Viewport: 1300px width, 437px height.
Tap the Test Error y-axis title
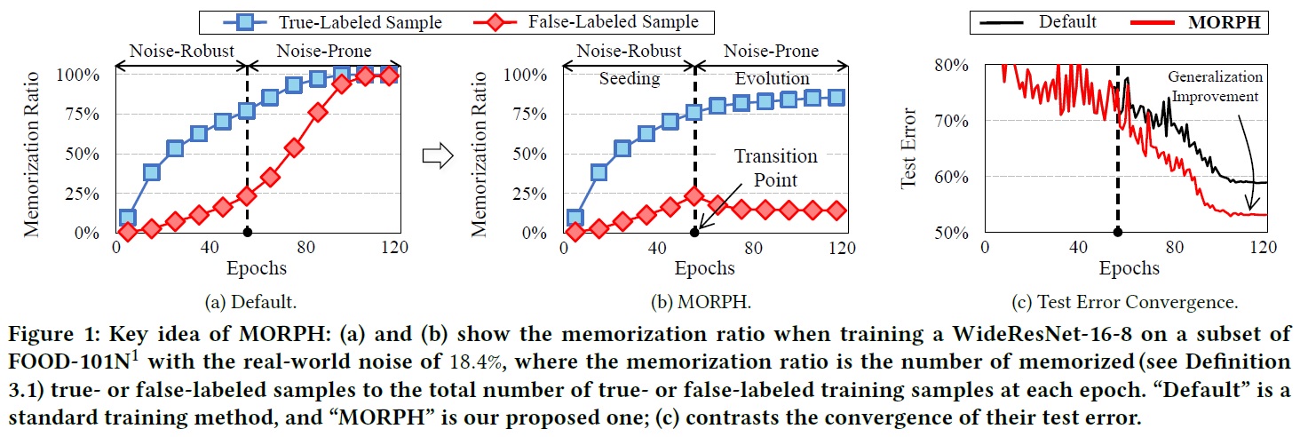(x=908, y=148)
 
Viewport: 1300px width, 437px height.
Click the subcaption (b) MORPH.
(x=697, y=302)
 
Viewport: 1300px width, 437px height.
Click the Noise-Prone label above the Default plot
(x=323, y=52)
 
